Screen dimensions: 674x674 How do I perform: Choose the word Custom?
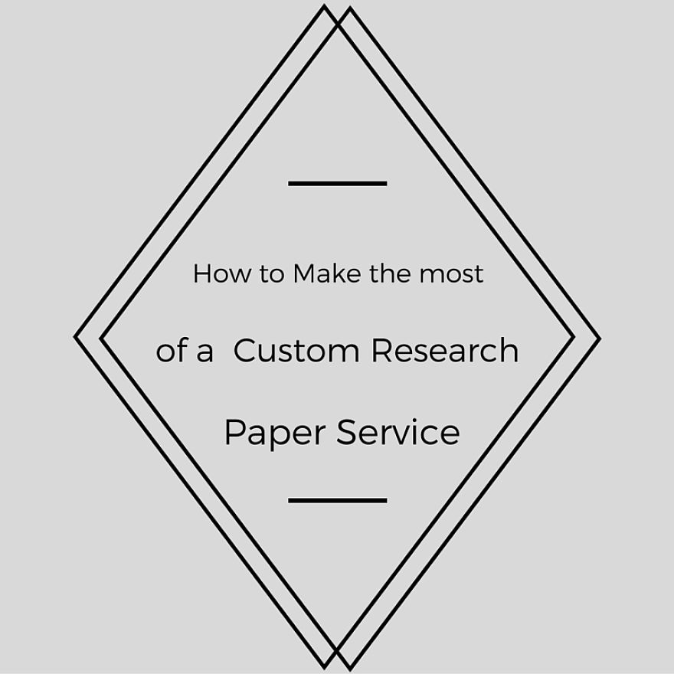click(296, 351)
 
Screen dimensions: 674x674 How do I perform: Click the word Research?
click(445, 351)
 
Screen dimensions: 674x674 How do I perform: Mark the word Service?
click(398, 432)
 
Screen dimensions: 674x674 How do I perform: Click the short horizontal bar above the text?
click(338, 184)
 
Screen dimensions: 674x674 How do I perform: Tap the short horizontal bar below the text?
click(338, 500)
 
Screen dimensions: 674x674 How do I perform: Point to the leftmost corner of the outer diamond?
click(76, 336)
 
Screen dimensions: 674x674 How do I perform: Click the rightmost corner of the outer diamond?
click(599, 338)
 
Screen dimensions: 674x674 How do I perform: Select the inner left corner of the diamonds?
click(102, 338)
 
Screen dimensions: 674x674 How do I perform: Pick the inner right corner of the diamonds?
click(573, 336)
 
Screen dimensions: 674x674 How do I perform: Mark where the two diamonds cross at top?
click(337, 24)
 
